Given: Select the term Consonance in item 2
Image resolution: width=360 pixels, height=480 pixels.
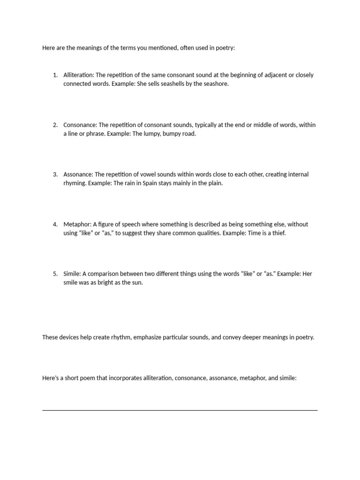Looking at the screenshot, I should (80, 125).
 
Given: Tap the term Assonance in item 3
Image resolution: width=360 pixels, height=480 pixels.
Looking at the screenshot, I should (78, 174).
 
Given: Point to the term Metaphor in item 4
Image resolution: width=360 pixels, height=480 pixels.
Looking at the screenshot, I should (77, 224).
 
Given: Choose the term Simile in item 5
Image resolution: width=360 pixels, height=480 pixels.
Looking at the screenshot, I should (73, 274).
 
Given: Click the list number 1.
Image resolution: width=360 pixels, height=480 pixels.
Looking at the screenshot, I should (55, 75).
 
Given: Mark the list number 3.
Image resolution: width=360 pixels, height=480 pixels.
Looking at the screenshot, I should (55, 174).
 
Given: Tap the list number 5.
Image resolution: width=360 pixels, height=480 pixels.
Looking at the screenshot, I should (55, 274).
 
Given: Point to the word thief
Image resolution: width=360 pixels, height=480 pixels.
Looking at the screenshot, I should (277, 233).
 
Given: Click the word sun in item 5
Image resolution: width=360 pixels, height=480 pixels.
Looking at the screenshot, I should (137, 283).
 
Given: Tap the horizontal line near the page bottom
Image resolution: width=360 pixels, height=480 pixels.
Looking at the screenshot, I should (180, 410).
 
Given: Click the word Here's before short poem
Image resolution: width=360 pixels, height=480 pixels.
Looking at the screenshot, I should (51, 377).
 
